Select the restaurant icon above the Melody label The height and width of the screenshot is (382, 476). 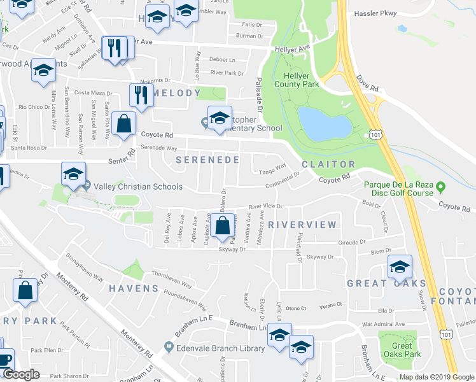pos(139,95)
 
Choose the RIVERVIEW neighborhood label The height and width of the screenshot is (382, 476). pos(302,225)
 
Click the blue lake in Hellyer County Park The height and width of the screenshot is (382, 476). pos(323,123)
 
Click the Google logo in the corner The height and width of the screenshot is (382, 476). pos(21,374)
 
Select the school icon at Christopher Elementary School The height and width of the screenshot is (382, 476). pos(220,117)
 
